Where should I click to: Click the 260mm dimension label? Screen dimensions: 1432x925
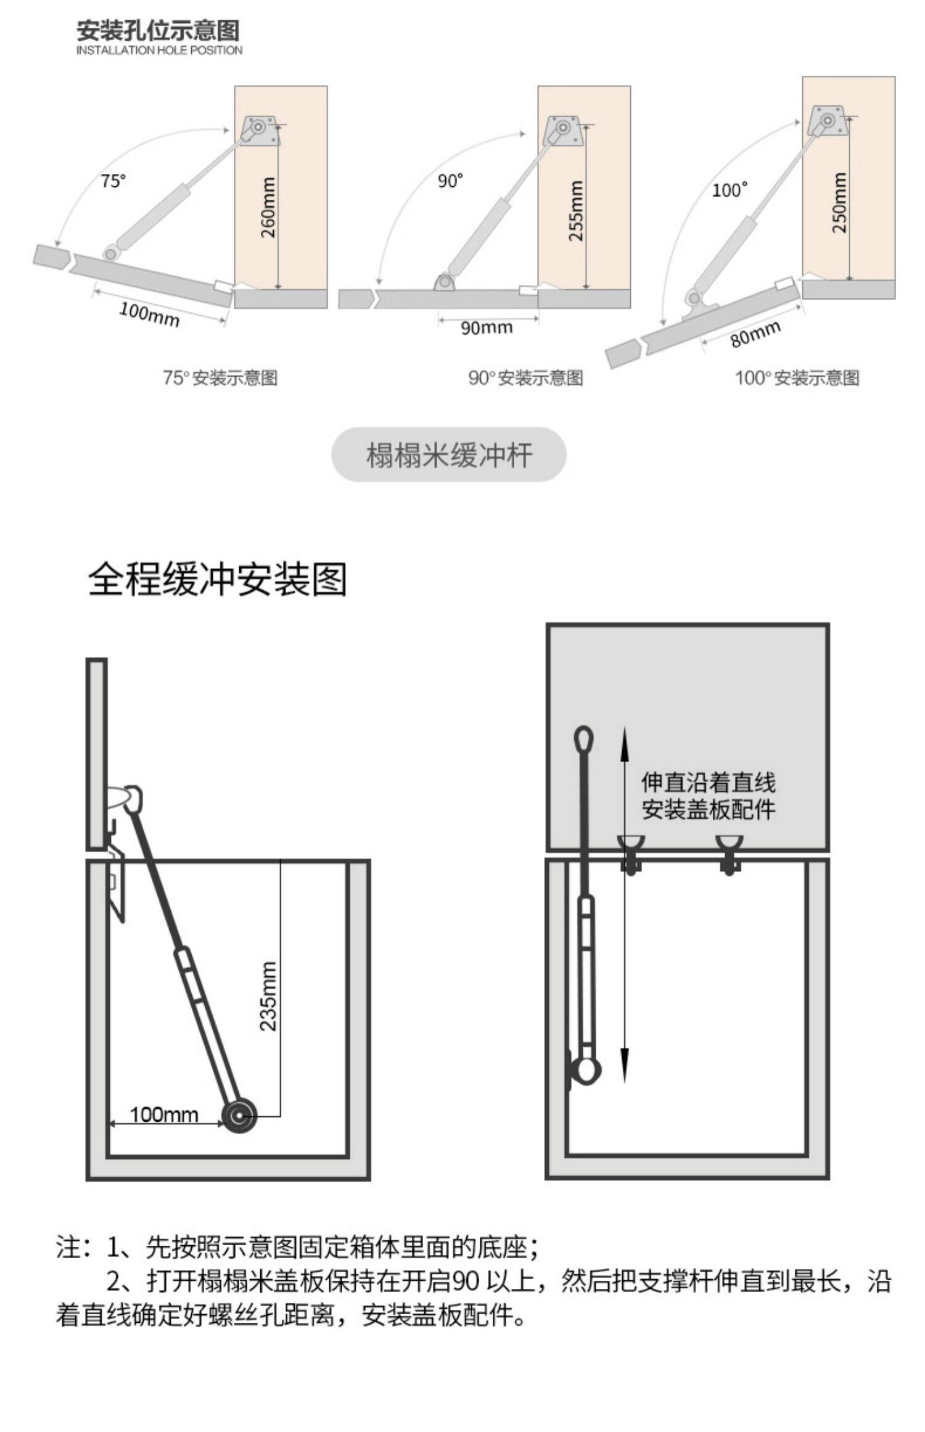[268, 207]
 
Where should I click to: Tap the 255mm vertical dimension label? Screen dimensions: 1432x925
[575, 211]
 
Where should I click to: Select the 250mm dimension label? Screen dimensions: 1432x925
[840, 202]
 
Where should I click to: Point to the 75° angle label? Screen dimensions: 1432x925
[113, 181]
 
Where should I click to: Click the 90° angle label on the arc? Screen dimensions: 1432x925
[450, 181]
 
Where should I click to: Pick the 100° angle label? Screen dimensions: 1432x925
[730, 190]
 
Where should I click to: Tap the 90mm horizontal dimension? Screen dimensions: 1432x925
[487, 327]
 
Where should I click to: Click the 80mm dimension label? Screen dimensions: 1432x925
[755, 334]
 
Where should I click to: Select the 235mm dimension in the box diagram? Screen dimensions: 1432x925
[268, 997]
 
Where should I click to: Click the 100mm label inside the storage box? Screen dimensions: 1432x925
[164, 1114]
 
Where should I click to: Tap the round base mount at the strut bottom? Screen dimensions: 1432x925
[239, 1116]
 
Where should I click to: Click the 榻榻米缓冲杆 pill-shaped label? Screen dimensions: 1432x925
[449, 455]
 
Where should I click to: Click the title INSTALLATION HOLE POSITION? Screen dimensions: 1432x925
[159, 50]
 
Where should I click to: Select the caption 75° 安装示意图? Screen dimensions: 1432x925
[220, 377]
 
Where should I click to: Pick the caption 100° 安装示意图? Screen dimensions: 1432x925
[797, 377]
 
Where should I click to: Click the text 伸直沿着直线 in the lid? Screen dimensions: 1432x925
[708, 783]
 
